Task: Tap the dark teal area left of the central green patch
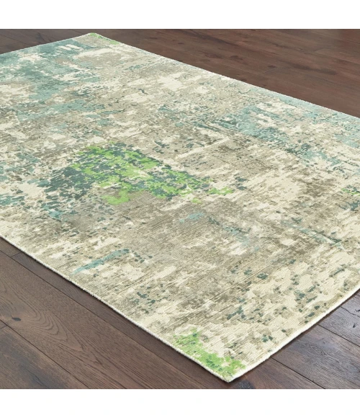click(61, 184)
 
